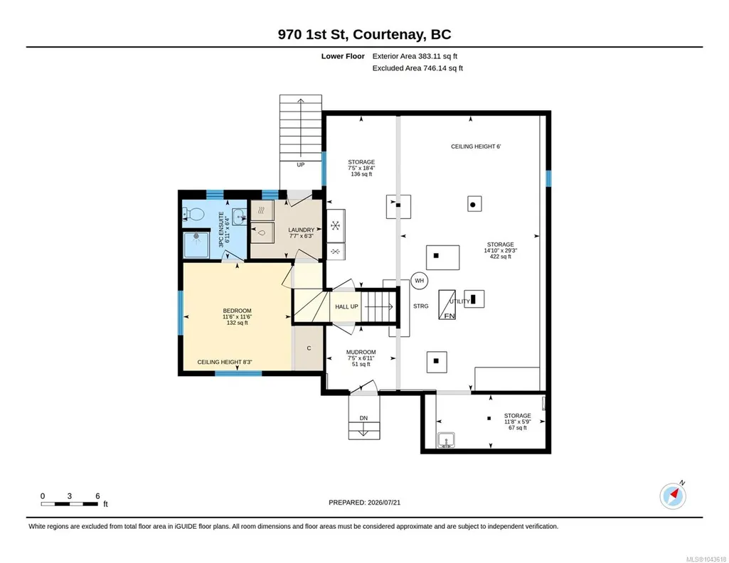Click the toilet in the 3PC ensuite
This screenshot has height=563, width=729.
coord(195,214)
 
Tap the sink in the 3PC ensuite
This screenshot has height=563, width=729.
coord(240,217)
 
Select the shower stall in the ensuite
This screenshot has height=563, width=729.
coord(196,245)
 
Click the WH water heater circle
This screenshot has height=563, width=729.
coord(420,281)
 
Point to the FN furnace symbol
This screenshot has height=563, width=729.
coord(447,305)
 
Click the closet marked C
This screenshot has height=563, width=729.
coord(309,348)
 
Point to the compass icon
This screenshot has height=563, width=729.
coord(673,496)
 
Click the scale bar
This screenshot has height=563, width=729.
coord(70,504)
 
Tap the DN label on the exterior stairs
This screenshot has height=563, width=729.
coord(363,418)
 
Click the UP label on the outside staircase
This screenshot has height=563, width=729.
coord(300,165)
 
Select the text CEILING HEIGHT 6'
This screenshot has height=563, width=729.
coord(476,146)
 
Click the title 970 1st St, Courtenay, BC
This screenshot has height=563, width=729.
coord(364,34)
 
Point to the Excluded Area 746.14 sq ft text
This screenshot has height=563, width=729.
coord(417,68)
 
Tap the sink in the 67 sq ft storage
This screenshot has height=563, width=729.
coord(447,440)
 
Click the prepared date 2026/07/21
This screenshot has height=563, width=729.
coord(384,503)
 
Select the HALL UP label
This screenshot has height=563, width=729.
coord(346,306)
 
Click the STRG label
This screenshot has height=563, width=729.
coord(421,306)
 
